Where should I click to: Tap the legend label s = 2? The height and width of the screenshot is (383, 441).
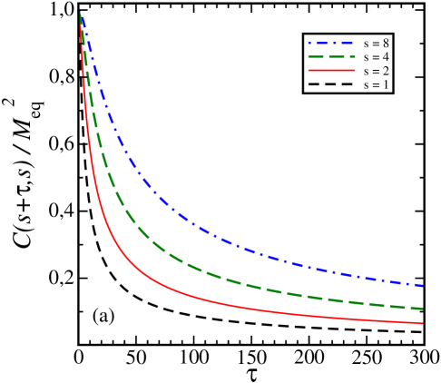point(377,71)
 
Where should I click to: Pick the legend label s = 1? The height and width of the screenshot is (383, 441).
point(377,84)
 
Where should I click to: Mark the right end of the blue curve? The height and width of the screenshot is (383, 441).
point(424,286)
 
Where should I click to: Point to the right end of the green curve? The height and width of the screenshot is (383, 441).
point(424,309)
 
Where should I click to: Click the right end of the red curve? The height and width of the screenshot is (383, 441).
point(424,323)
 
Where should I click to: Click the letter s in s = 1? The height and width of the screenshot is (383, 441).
point(366,85)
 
